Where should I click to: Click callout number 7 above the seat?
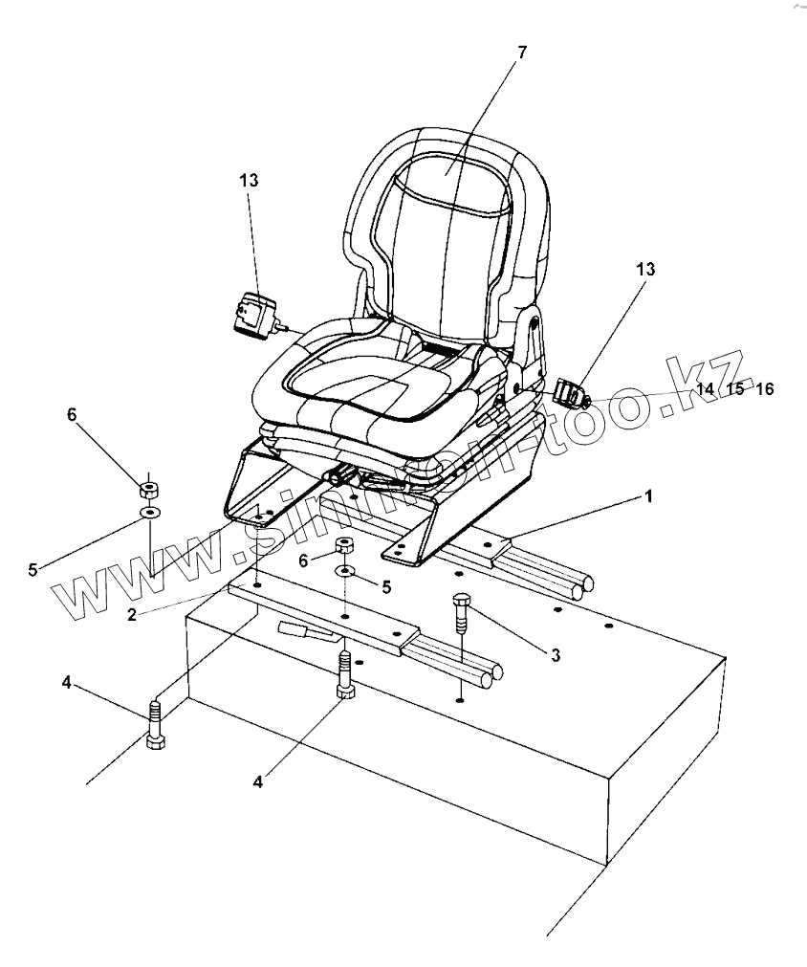coord(521,52)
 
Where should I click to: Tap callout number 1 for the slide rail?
coord(648,496)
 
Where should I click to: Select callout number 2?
coord(133,614)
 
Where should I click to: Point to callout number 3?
coord(555,655)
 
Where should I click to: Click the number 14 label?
coord(705,389)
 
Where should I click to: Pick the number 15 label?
coord(734,389)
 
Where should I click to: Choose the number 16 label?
coord(763,389)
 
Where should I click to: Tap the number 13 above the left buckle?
coord(250,180)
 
